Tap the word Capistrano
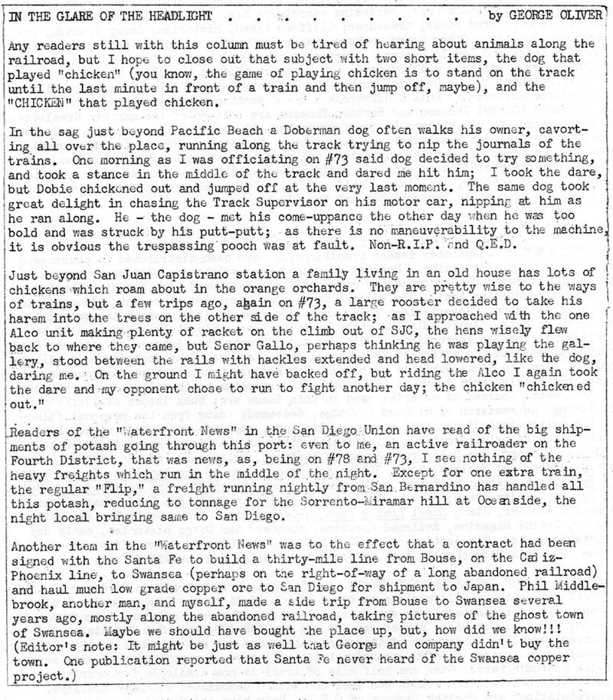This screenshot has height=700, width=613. point(196,275)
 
